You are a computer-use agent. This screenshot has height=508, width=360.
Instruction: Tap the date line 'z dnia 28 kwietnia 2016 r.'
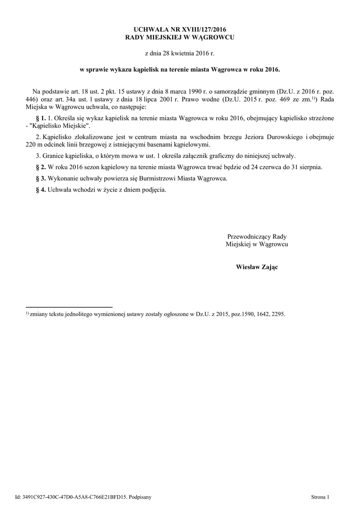180,53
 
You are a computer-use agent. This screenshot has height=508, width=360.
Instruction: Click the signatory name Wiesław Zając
257,268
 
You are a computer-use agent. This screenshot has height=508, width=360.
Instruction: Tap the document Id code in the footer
80,496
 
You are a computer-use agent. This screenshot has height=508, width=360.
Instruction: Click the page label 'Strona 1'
320,496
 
